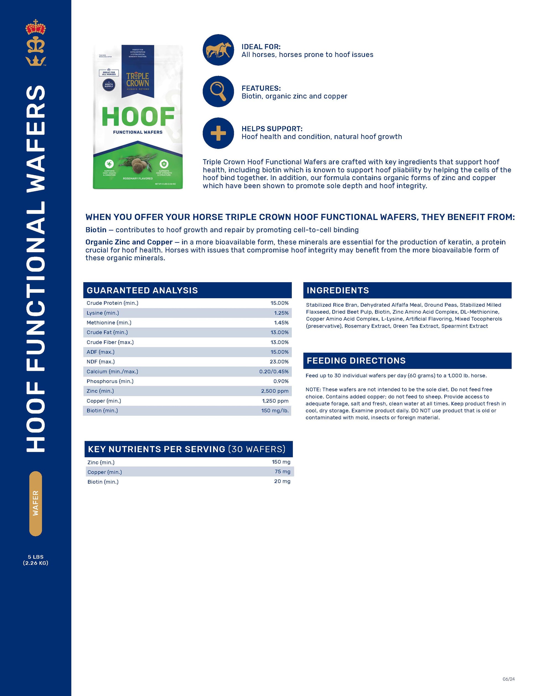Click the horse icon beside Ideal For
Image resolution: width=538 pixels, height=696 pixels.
click(218, 50)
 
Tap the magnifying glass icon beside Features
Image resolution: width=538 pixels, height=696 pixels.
click(218, 91)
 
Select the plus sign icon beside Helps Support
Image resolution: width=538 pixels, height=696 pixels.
click(218, 133)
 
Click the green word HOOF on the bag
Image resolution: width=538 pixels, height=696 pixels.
click(138, 117)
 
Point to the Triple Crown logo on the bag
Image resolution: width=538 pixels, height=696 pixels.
click(138, 80)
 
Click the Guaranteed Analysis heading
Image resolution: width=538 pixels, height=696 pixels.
click(142, 290)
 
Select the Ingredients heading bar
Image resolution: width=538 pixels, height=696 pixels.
click(407, 290)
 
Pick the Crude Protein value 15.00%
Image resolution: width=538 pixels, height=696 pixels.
click(280, 303)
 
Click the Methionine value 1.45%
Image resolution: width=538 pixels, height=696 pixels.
click(281, 323)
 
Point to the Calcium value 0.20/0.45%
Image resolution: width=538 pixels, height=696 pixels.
click(274, 371)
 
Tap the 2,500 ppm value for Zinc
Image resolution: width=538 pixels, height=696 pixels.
click(275, 391)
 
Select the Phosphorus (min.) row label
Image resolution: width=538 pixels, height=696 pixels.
click(110, 381)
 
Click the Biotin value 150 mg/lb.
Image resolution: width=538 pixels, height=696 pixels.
click(275, 411)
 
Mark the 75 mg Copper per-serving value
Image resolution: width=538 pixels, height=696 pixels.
click(282, 472)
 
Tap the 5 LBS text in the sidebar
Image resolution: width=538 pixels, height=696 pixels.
click(35, 557)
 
